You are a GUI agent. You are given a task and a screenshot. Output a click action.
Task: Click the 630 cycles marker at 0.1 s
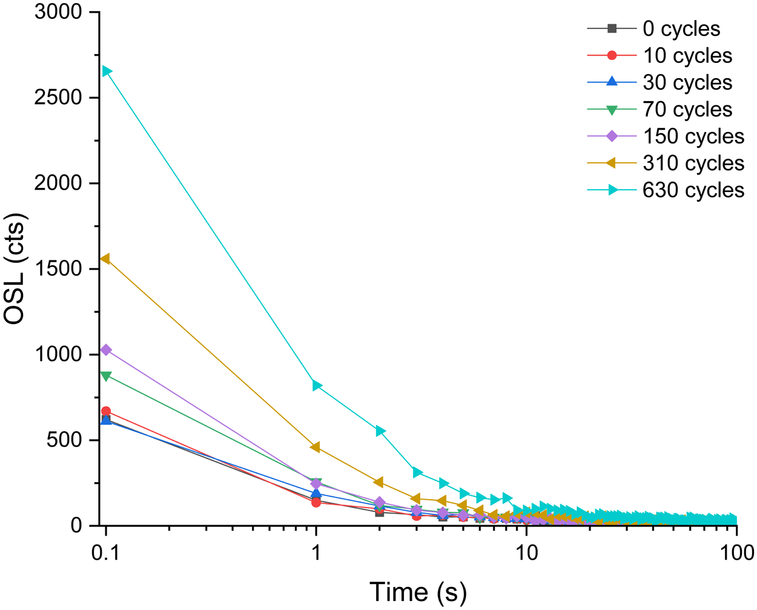click(106, 71)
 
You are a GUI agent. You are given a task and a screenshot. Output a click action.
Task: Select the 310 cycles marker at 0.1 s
click(105, 259)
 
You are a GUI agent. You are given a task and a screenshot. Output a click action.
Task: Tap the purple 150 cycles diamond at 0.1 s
click(106, 350)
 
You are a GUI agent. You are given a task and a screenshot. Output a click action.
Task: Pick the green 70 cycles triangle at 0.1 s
click(106, 376)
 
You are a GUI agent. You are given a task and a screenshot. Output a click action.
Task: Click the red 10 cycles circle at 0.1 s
click(106, 411)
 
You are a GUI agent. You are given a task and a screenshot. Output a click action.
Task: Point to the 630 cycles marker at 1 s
click(317, 385)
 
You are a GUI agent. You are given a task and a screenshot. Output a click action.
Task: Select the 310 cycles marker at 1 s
click(316, 447)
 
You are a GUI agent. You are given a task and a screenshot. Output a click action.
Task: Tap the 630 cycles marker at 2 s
click(380, 431)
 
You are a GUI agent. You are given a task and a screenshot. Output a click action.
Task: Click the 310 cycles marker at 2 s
click(378, 482)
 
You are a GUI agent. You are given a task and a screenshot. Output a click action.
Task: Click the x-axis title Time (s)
click(418, 592)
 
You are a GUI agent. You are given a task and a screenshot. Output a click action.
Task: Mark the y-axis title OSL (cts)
click(16, 269)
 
